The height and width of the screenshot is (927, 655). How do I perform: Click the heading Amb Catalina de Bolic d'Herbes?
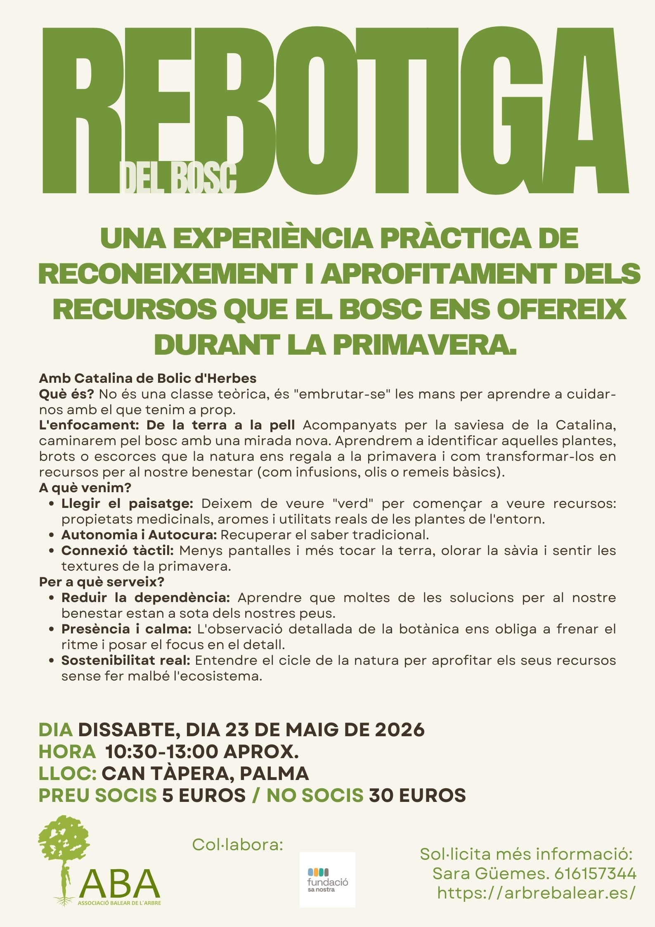point(147,378)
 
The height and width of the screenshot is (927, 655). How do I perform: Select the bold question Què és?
point(66,394)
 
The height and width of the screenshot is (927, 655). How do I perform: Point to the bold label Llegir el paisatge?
point(127,504)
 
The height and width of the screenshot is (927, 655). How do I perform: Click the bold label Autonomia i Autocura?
point(139,535)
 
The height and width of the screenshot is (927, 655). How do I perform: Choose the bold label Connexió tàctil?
point(118,550)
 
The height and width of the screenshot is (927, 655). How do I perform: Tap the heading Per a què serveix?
point(102,582)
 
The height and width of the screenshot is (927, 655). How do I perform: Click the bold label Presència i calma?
point(126,629)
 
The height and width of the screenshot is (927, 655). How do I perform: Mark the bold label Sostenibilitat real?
point(125,660)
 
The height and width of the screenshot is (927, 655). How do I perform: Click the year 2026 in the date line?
point(400,730)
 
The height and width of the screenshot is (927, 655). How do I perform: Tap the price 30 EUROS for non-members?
point(417,795)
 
